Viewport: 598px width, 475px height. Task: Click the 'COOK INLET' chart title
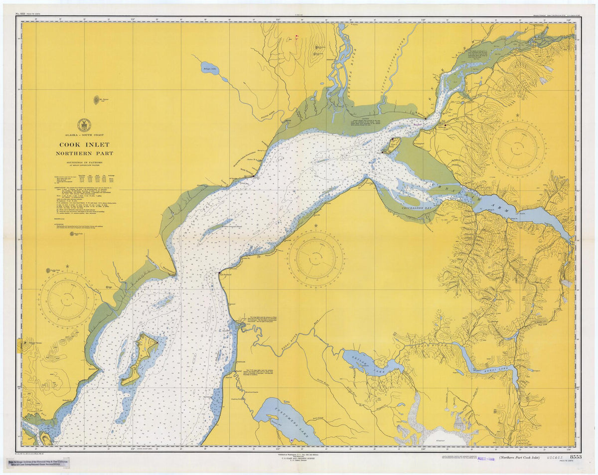[x=84, y=145]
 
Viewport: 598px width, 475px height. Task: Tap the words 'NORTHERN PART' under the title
[x=84, y=154]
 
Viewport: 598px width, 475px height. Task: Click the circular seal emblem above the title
[x=84, y=125]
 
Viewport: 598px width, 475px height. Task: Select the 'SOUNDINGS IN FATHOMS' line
[x=84, y=163]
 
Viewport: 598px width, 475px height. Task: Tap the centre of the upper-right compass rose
[x=517, y=149]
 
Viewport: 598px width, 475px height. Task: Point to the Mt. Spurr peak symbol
[x=96, y=100]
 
